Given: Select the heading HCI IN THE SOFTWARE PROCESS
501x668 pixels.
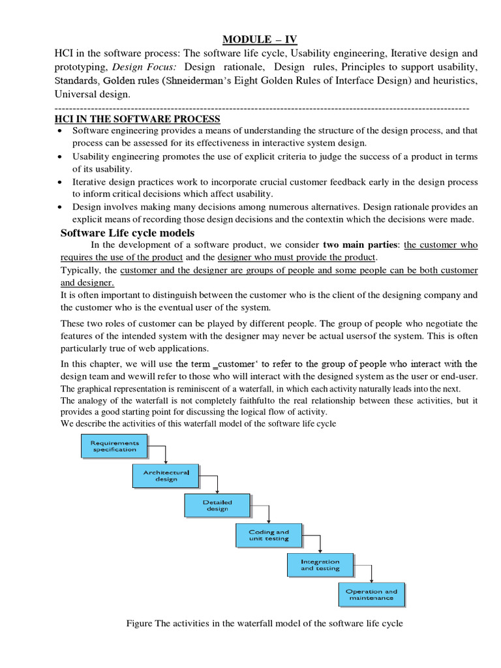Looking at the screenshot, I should coord(136,119).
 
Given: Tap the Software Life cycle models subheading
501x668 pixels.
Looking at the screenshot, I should coord(127,233).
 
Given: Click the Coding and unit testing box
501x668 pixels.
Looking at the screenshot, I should coord(268,535).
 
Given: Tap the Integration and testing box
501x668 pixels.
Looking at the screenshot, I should coord(320,564).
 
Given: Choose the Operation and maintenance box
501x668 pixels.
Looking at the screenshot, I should coord(371,594).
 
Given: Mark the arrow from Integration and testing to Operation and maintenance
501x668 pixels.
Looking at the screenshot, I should coord(371,573).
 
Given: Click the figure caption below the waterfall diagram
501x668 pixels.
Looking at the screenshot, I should coord(264,624).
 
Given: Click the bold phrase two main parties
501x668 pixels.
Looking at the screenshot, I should coord(361,245).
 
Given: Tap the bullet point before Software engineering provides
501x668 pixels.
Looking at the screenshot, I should coord(60,131).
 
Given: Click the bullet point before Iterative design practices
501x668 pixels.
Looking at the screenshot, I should coord(60,183).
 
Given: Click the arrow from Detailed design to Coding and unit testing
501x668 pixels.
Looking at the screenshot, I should coord(268,513).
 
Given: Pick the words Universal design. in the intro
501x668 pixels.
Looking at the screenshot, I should coord(93,95).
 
